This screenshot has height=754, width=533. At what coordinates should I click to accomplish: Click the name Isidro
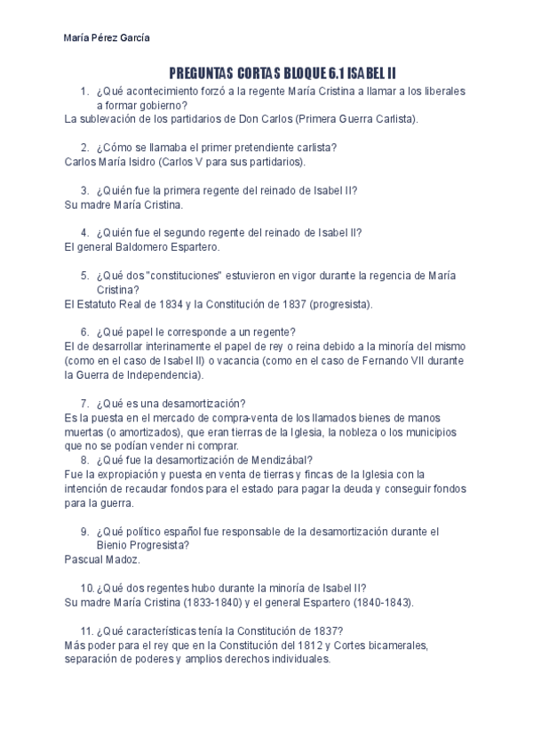159,162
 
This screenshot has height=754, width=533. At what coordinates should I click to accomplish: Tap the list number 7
85,403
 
